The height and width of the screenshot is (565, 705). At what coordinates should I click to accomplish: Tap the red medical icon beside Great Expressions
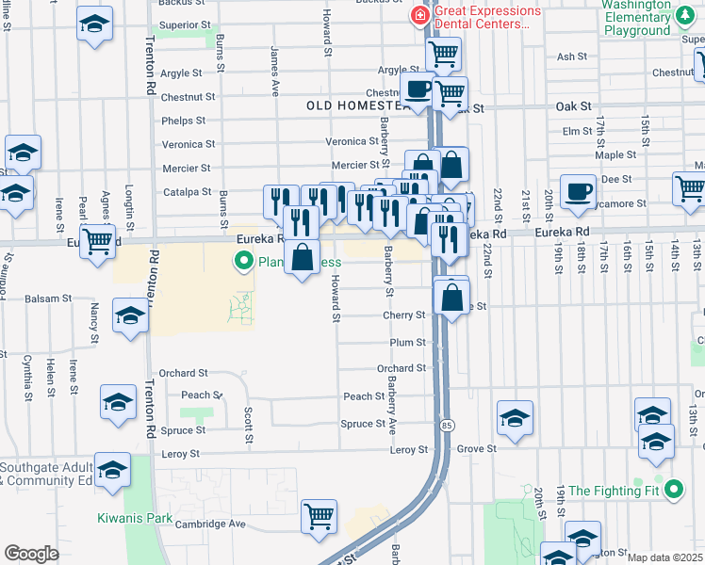click(x=418, y=16)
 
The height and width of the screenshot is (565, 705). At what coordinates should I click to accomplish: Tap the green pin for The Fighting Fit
click(x=673, y=490)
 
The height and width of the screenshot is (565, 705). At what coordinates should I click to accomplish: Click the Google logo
click(x=31, y=554)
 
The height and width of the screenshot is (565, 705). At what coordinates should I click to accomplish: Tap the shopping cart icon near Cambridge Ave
click(x=320, y=516)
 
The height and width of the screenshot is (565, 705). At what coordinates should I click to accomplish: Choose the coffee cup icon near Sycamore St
click(x=579, y=191)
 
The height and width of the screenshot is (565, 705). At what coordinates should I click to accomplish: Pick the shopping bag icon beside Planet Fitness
click(x=302, y=258)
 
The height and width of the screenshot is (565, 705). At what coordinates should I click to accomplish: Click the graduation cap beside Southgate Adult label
click(x=112, y=470)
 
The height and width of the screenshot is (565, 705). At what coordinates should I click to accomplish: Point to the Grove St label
click(x=477, y=450)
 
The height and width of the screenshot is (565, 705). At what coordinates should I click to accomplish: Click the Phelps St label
click(x=183, y=121)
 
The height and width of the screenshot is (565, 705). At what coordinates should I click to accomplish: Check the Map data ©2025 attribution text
click(x=664, y=557)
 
